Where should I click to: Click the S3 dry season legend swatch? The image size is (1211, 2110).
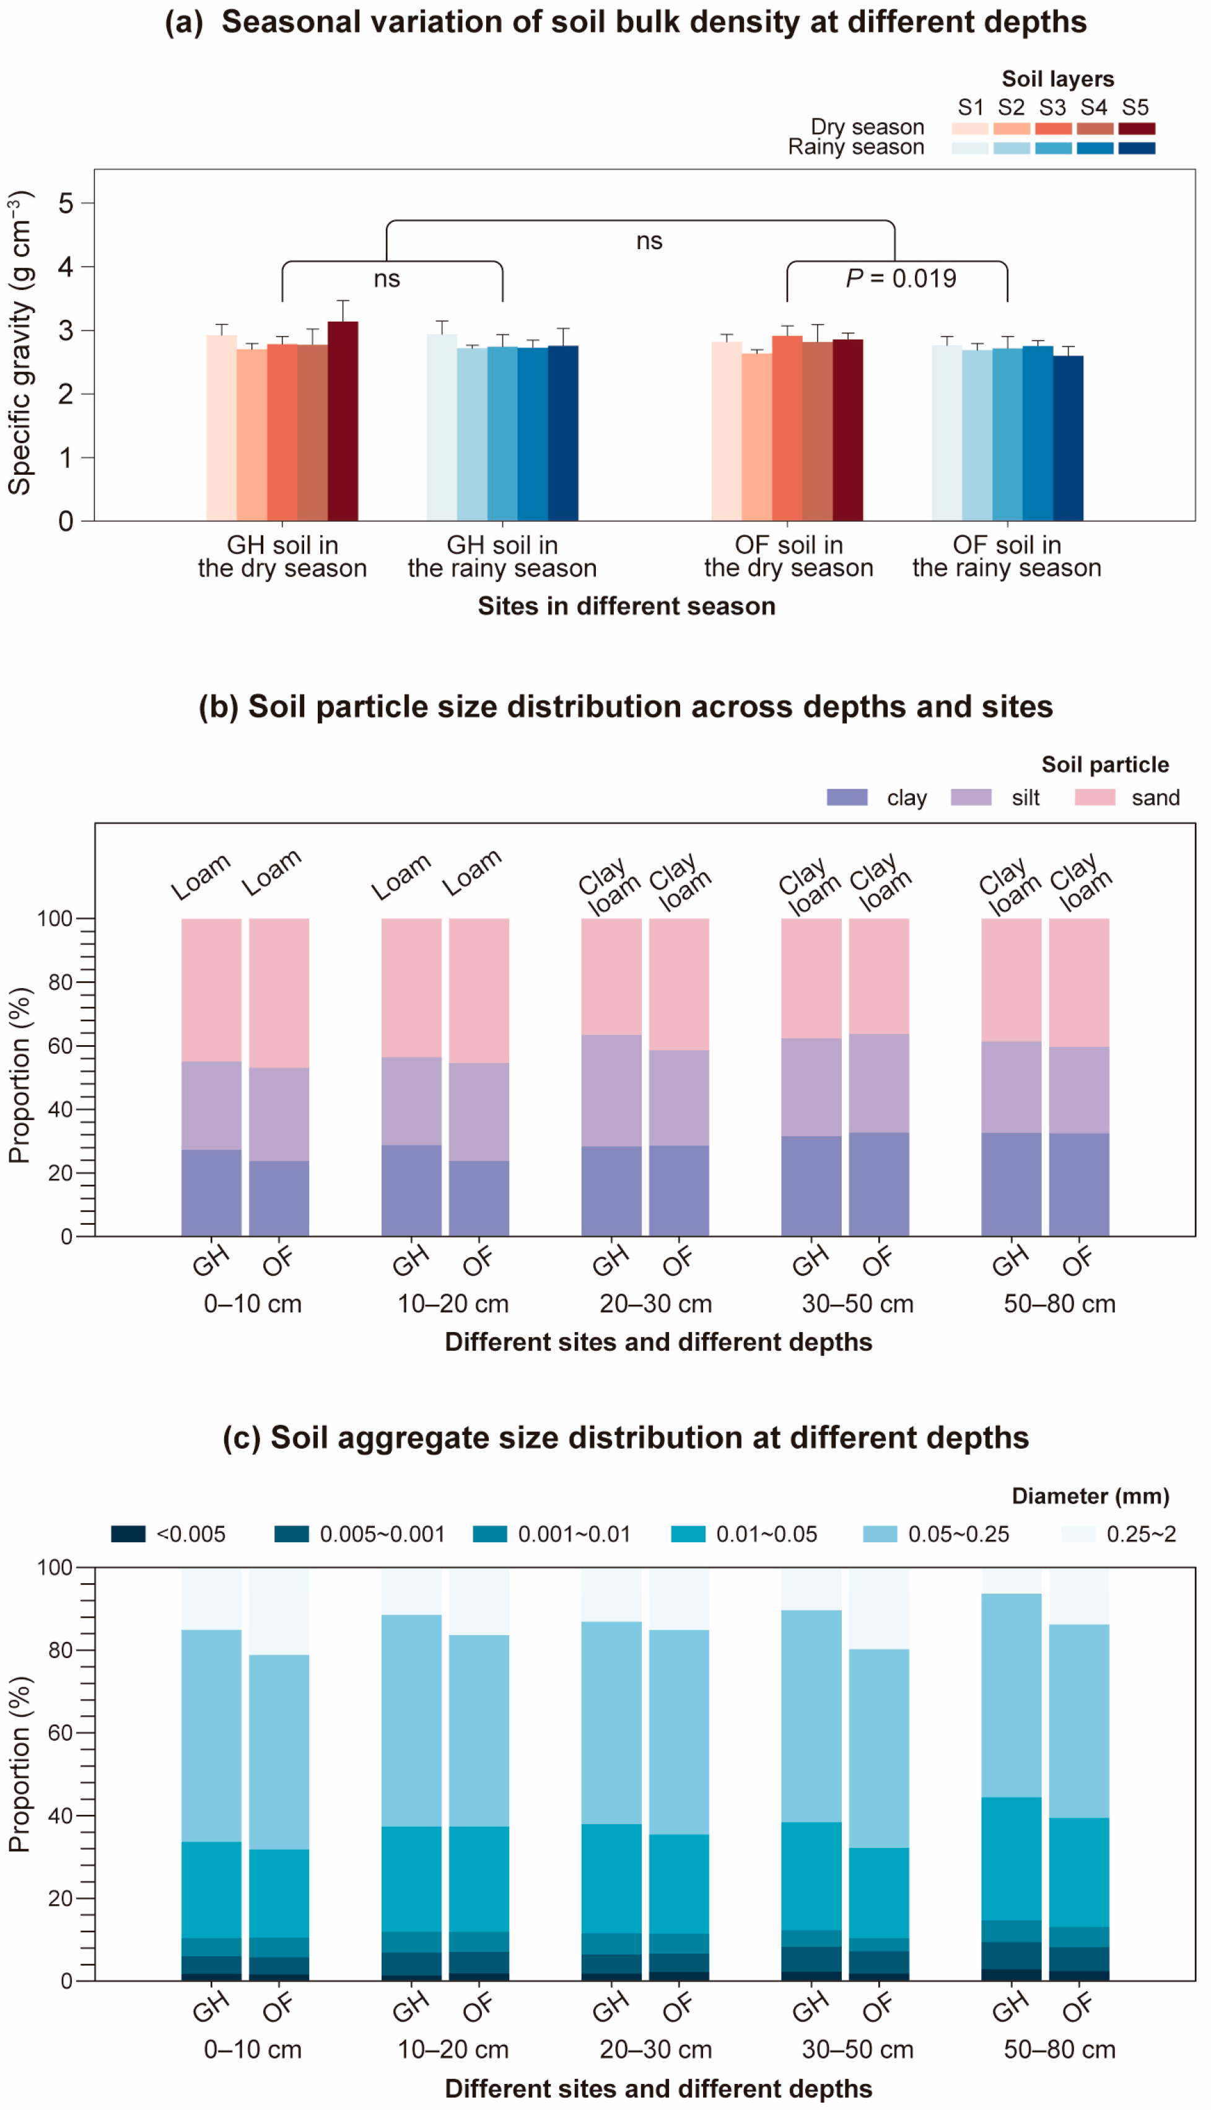click(1053, 128)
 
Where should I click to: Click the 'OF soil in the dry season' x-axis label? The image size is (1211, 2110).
click(789, 557)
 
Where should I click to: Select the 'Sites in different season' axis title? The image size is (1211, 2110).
click(626, 606)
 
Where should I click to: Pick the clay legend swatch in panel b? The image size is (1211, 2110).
click(847, 797)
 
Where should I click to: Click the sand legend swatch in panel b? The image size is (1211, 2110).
click(1095, 797)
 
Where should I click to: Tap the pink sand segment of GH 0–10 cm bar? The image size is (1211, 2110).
click(211, 989)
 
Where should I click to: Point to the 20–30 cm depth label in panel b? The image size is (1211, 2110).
click(655, 1303)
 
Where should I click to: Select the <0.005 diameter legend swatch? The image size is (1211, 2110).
click(128, 1534)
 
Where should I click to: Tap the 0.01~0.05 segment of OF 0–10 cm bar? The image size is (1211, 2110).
click(279, 1893)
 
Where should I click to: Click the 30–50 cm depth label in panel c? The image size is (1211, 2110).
click(857, 2049)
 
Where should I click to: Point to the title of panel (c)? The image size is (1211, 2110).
click(626, 1437)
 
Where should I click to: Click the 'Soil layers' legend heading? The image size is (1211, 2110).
click(1057, 79)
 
